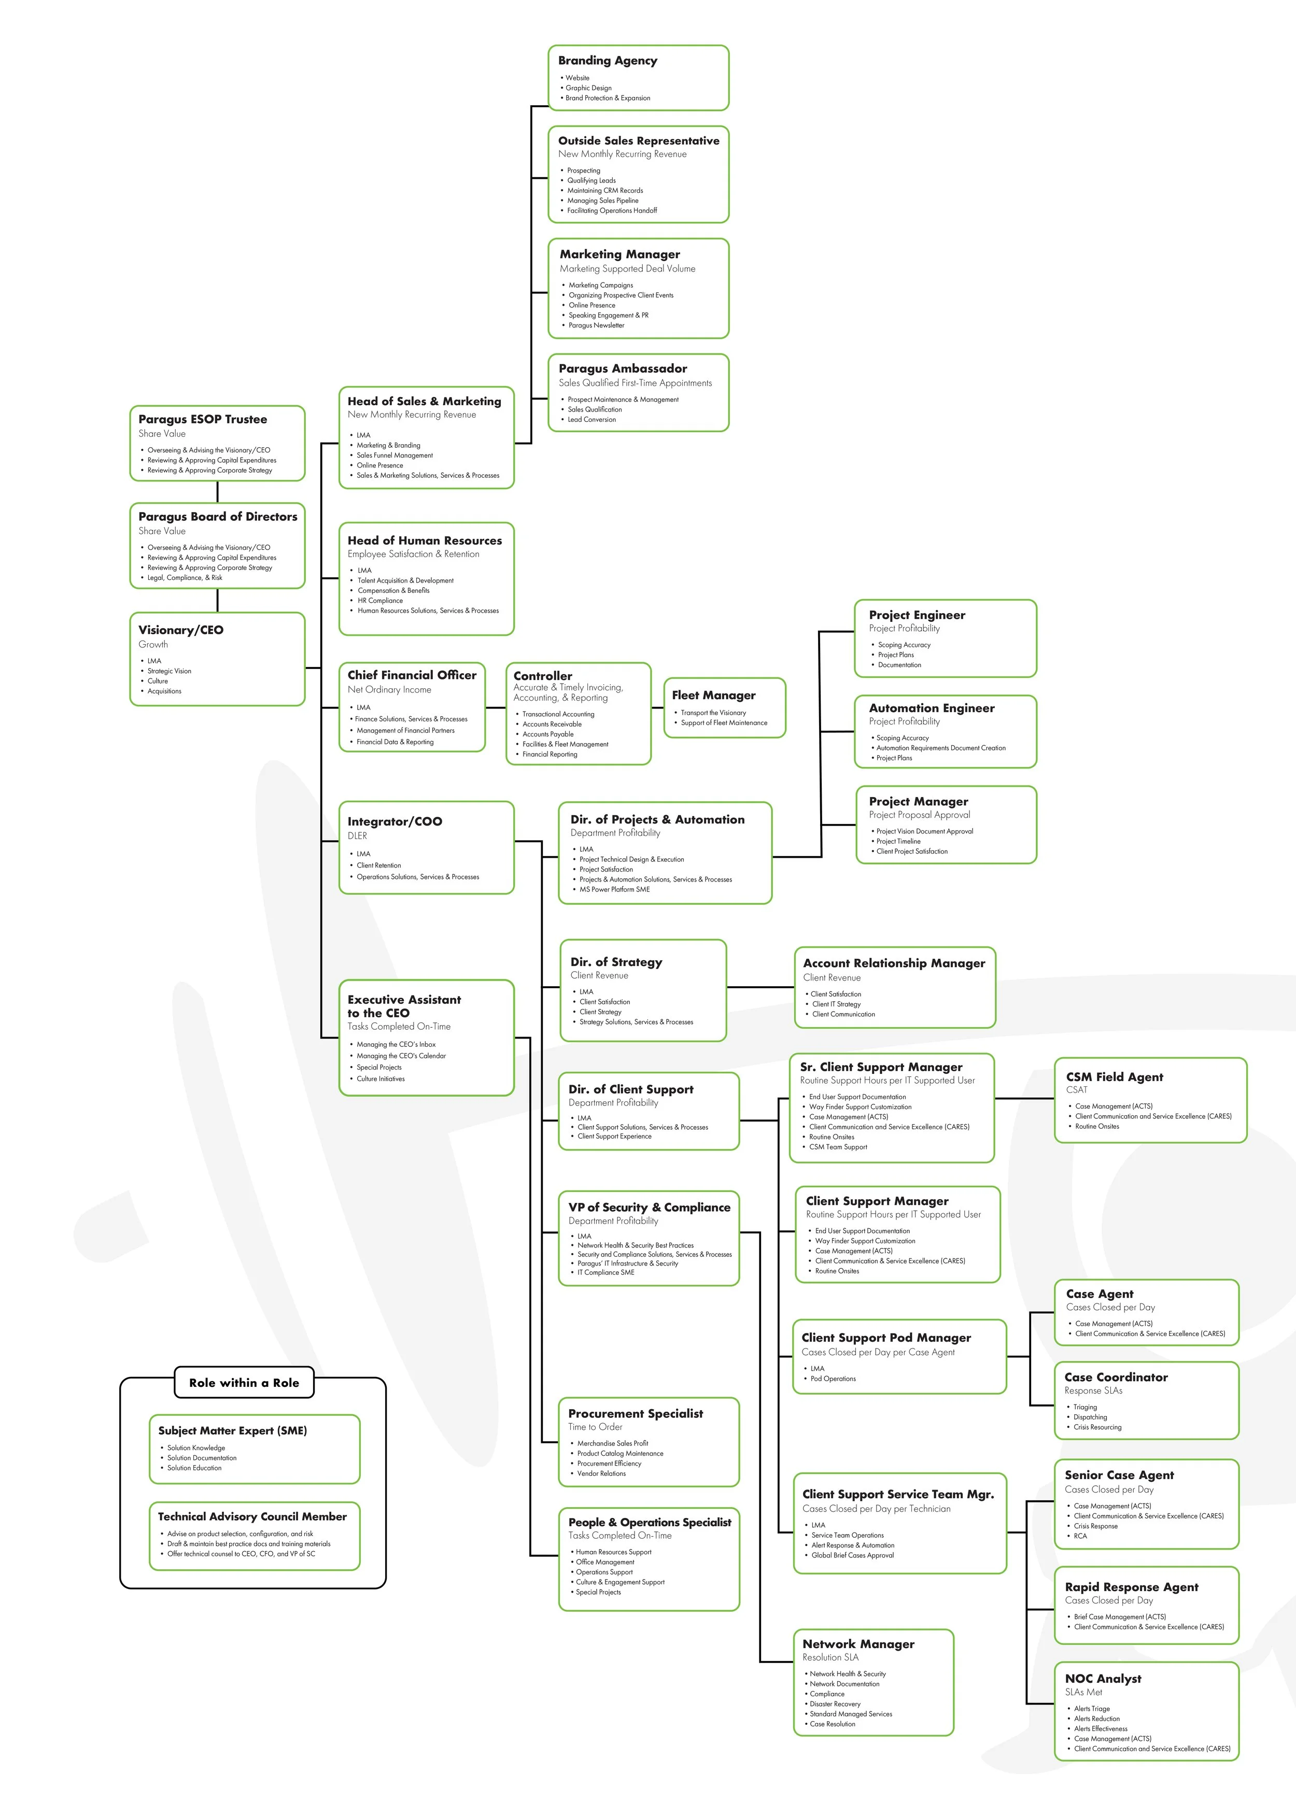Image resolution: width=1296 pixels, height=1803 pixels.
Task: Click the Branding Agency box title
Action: (x=608, y=61)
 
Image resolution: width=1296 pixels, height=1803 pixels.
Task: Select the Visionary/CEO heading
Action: (x=180, y=630)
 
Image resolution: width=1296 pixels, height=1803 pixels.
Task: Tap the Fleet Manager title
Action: (x=713, y=695)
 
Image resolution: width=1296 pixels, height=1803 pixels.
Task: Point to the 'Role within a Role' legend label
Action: (x=244, y=1383)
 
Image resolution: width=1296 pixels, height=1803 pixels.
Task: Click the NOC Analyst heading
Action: (x=1103, y=1678)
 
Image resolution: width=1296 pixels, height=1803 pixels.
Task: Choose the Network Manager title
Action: (x=858, y=1643)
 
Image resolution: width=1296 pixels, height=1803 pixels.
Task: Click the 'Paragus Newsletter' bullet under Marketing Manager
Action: (x=596, y=325)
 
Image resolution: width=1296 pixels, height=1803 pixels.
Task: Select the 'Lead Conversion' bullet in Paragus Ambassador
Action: (x=591, y=420)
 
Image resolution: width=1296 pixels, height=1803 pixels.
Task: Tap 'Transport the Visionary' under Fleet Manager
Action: (x=713, y=713)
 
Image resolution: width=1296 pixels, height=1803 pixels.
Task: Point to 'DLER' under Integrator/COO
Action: (x=357, y=835)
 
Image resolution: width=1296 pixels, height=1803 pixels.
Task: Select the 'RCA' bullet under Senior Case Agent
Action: (x=1080, y=1536)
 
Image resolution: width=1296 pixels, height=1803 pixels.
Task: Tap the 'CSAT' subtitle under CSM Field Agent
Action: (x=1077, y=1090)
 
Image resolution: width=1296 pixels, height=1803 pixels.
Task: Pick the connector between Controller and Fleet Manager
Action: (x=657, y=707)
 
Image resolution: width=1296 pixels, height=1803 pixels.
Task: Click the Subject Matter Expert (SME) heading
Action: (x=232, y=1430)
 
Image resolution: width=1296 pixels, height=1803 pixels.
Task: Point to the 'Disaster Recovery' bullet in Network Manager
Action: (x=835, y=1703)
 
